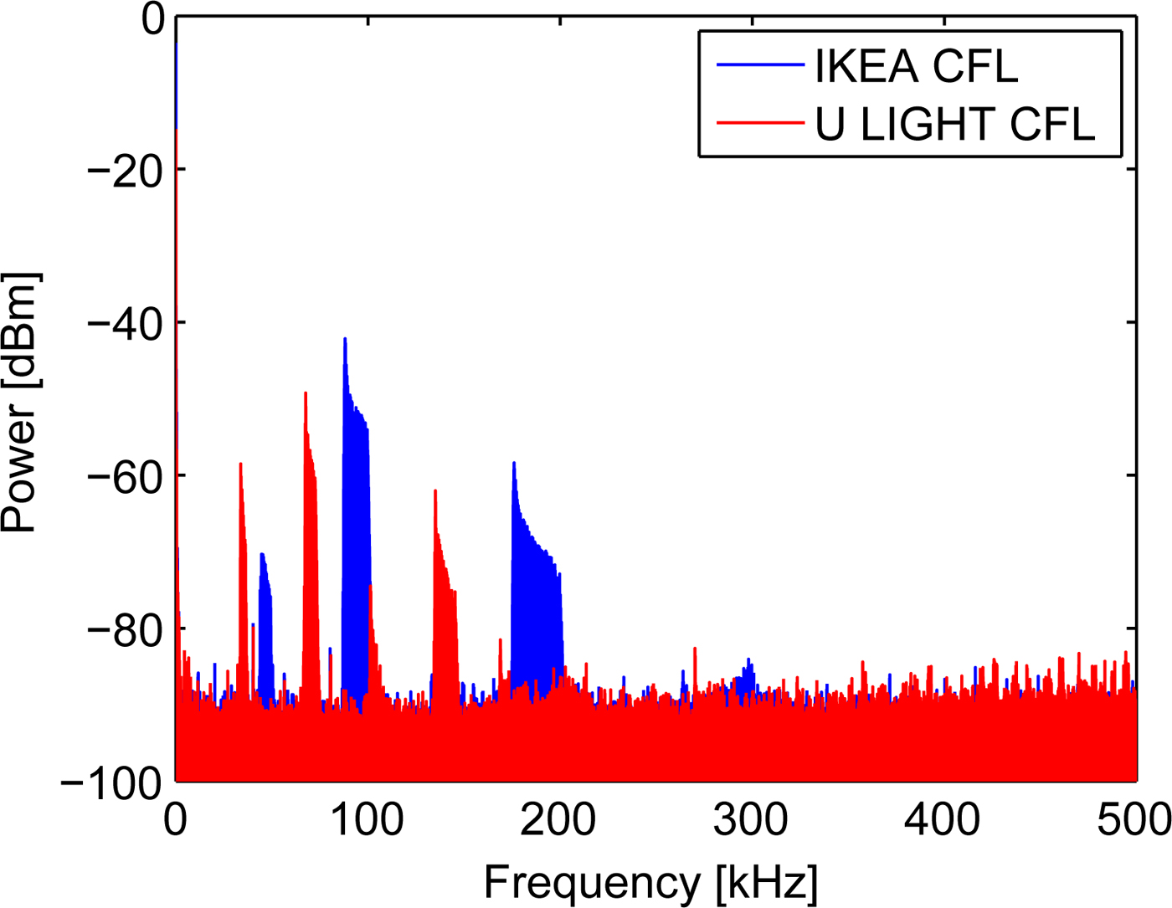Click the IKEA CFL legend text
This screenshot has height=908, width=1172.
tap(916, 66)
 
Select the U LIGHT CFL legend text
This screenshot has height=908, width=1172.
tap(954, 125)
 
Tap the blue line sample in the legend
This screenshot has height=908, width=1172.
tap(759, 65)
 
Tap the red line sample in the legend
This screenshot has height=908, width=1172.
tap(759, 124)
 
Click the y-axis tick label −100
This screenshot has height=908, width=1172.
tap(111, 783)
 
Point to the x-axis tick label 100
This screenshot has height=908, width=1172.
tap(367, 820)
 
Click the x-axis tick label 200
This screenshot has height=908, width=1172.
tap(558, 820)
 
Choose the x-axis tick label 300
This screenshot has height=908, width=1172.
tap(750, 820)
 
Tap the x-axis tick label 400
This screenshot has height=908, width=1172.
tap(942, 820)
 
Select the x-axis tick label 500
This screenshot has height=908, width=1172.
tap(1133, 820)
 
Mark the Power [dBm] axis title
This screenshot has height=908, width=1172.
tap(20, 402)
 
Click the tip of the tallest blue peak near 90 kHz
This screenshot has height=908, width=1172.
tap(345, 339)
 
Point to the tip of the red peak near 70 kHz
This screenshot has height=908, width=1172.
tap(306, 392)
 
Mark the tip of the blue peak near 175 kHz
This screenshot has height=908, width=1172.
tap(514, 463)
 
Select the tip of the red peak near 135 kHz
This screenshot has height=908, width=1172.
tap(435, 490)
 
